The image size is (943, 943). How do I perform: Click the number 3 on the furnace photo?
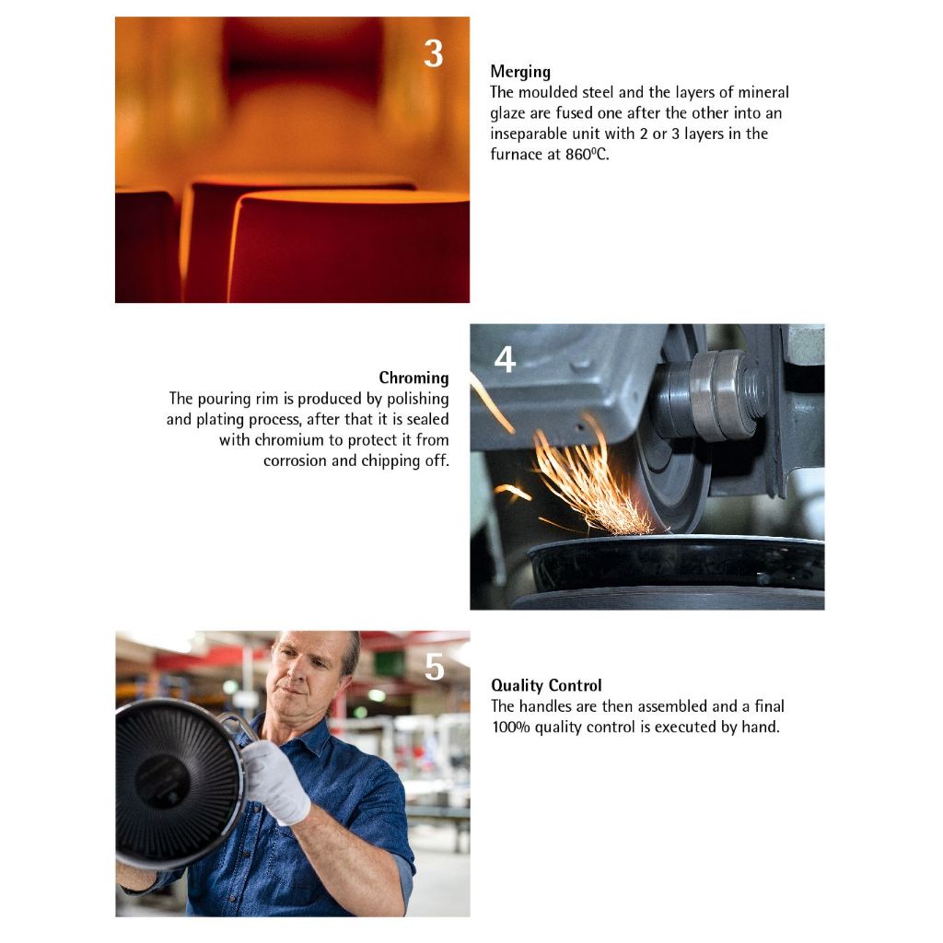(x=434, y=53)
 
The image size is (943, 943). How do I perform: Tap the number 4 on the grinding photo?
(x=506, y=360)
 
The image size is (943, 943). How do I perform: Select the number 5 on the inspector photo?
(x=435, y=667)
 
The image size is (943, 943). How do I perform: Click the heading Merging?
(x=520, y=72)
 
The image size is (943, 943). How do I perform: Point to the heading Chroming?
(x=413, y=378)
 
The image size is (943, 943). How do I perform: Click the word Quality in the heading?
(x=516, y=685)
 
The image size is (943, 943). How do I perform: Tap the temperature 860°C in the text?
(x=587, y=155)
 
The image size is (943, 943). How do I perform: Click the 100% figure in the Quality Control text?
(x=511, y=728)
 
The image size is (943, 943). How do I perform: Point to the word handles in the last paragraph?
(x=545, y=706)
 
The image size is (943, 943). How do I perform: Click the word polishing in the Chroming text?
(x=417, y=400)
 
